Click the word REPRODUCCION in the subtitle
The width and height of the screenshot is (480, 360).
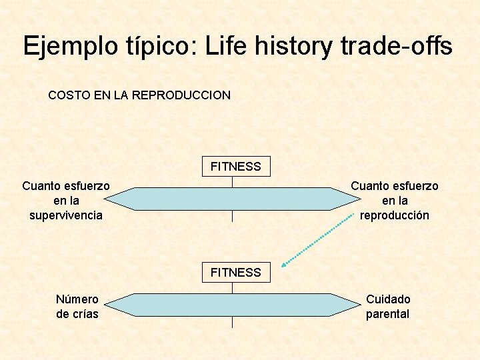(181, 95)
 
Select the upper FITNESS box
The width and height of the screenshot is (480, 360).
(236, 166)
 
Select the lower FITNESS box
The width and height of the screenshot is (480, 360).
(236, 272)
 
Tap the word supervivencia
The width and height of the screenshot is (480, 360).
(66, 215)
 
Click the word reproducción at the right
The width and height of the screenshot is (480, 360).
(395, 215)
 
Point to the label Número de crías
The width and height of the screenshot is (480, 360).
(77, 307)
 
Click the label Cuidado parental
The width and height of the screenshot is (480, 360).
(388, 307)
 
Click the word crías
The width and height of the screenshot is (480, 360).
(85, 314)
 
